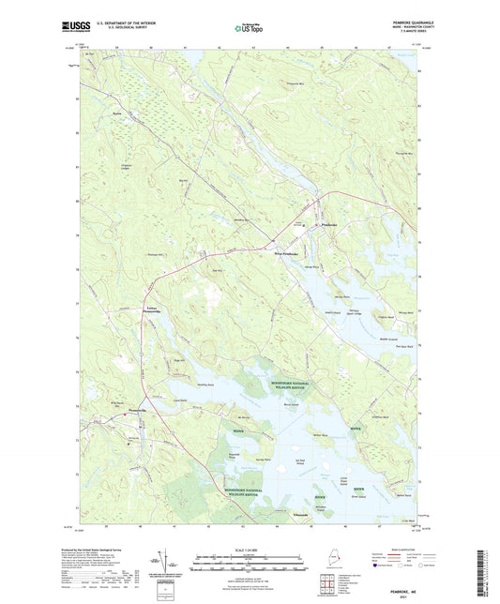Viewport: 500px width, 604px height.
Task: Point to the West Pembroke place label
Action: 285,254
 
